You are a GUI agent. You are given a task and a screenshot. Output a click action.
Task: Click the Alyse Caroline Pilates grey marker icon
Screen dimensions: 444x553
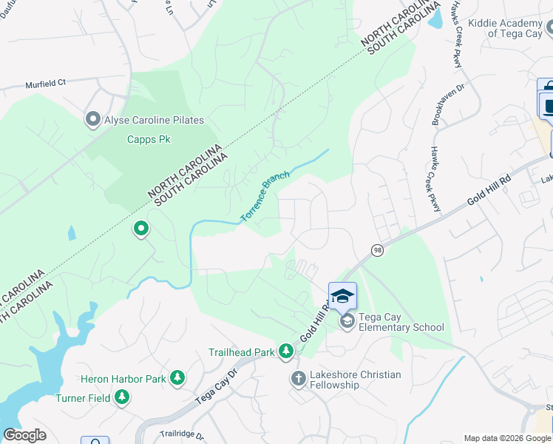tap(93, 120)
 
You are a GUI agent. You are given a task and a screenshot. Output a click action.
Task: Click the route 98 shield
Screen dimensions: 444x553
tap(377, 250)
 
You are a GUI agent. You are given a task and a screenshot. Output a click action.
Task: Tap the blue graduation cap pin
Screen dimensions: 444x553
tap(342, 296)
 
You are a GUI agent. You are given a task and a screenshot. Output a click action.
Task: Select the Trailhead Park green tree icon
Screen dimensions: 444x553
tap(286, 351)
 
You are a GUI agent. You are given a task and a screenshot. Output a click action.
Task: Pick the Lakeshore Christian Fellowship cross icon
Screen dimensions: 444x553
tap(298, 379)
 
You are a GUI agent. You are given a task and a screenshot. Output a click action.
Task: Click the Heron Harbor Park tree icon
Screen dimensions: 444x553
tap(177, 379)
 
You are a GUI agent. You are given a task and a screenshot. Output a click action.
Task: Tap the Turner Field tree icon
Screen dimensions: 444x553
tap(122, 398)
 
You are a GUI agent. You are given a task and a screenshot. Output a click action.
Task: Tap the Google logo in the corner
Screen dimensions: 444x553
tap(24, 435)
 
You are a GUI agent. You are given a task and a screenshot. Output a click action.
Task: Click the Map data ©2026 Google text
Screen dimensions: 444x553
tap(507, 438)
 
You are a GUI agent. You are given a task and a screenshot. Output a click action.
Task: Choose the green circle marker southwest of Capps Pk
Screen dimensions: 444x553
tap(141, 229)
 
